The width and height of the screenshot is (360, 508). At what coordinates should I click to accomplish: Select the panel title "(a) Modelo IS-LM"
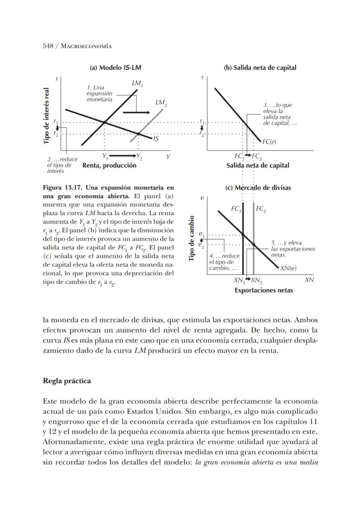(x=115, y=68)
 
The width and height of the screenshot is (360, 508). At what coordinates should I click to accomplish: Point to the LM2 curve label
(x=161, y=103)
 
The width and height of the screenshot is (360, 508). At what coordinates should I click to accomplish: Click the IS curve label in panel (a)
(x=156, y=139)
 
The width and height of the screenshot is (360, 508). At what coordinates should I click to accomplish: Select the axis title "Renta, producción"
(x=109, y=165)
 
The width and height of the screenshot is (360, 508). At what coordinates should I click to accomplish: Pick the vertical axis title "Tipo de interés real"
(x=47, y=116)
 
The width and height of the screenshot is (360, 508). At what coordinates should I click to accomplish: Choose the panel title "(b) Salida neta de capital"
(x=260, y=68)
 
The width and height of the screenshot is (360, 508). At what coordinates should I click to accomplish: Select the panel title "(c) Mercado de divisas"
(x=258, y=188)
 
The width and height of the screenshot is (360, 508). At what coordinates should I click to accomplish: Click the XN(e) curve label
(x=288, y=268)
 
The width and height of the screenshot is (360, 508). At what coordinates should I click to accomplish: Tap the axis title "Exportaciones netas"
(x=263, y=290)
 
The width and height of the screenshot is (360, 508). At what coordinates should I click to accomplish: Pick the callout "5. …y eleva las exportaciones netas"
(x=292, y=249)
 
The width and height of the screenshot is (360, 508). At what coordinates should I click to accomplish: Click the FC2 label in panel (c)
(x=261, y=209)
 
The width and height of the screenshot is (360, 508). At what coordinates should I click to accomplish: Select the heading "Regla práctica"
(x=67, y=381)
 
